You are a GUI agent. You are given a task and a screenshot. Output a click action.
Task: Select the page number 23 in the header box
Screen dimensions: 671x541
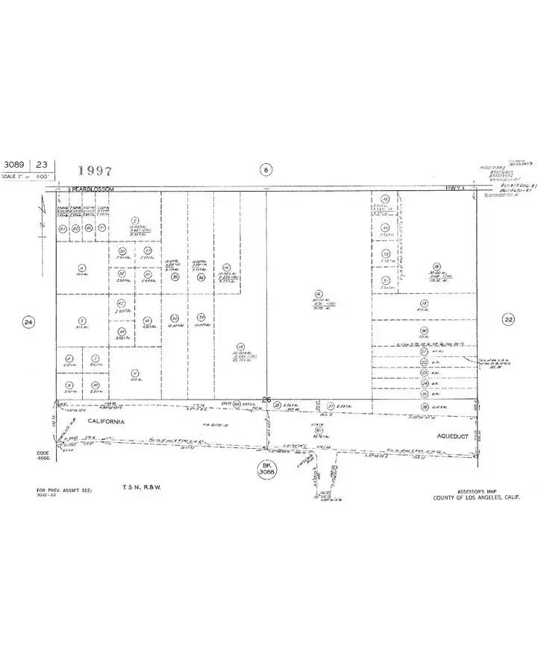tap(41, 164)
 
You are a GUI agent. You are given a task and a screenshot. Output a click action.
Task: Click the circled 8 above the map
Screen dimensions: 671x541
tap(266, 169)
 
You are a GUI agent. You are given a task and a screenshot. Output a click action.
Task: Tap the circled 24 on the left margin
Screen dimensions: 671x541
tap(28, 322)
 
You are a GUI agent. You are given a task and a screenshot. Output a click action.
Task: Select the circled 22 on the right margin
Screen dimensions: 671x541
tap(509, 318)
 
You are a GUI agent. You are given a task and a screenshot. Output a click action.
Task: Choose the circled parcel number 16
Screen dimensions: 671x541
tap(318, 294)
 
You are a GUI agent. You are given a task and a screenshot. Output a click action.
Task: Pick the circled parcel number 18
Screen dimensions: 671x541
tap(437, 266)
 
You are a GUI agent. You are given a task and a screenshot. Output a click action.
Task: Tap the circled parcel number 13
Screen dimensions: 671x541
tap(240, 347)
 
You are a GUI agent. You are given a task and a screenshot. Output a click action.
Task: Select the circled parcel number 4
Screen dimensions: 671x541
tap(80, 268)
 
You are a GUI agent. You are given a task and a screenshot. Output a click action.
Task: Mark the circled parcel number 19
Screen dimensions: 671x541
tap(424, 304)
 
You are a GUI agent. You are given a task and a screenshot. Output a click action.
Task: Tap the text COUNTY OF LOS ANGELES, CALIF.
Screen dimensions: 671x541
tap(478, 497)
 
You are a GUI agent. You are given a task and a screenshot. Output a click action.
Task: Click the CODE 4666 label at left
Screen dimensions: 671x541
tap(43, 456)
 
